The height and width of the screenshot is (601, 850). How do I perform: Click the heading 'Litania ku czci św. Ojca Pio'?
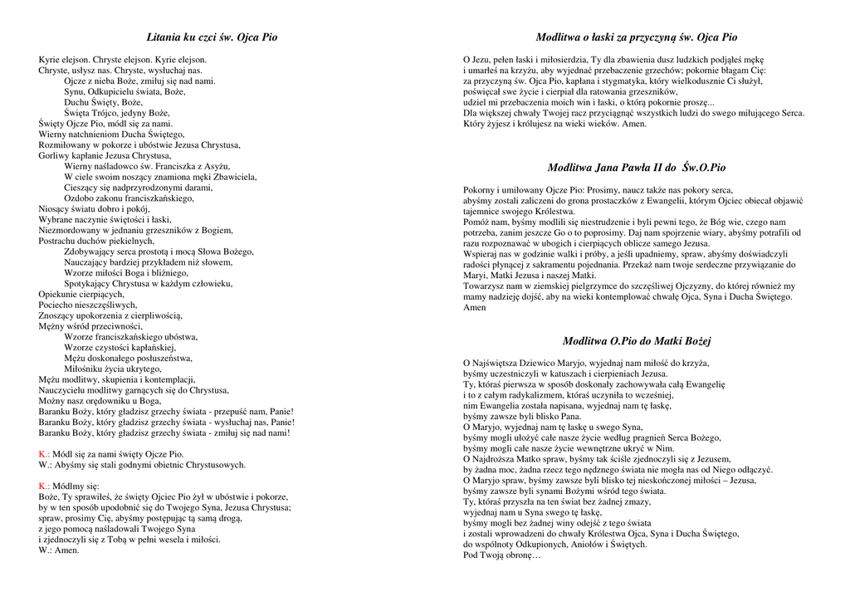(x=212, y=37)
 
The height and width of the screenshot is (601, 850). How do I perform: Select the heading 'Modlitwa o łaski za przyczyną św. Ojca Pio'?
(x=636, y=37)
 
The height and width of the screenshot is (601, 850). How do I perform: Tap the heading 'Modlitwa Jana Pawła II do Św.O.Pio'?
(x=636, y=168)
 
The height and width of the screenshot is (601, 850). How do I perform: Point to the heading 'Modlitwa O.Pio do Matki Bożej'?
(x=637, y=341)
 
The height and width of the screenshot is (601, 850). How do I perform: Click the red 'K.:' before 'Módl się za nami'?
(x=44, y=454)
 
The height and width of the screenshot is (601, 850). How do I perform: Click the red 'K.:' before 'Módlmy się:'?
(x=44, y=486)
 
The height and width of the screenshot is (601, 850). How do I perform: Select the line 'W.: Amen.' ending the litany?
(x=59, y=550)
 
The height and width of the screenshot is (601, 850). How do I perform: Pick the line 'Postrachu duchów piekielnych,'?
(x=96, y=241)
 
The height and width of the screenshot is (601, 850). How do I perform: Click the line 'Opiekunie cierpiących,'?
(x=81, y=294)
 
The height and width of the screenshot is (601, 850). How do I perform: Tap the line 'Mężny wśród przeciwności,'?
(x=90, y=326)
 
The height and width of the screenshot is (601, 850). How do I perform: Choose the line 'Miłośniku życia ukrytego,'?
(x=113, y=369)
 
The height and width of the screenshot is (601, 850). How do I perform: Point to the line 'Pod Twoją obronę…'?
(x=501, y=555)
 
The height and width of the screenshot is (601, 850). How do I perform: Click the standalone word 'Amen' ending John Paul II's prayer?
(x=475, y=307)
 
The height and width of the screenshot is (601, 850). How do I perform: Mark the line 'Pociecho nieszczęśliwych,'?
(x=88, y=305)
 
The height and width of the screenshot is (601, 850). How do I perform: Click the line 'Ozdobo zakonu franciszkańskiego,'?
(x=129, y=198)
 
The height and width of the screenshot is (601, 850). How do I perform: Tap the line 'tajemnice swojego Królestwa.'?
(x=520, y=212)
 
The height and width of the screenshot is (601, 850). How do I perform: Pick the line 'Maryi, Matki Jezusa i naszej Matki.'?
(x=530, y=276)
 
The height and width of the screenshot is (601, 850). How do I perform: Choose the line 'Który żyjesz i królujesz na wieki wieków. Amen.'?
(x=554, y=124)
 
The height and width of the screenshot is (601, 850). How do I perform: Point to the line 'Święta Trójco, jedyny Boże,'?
(x=117, y=113)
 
